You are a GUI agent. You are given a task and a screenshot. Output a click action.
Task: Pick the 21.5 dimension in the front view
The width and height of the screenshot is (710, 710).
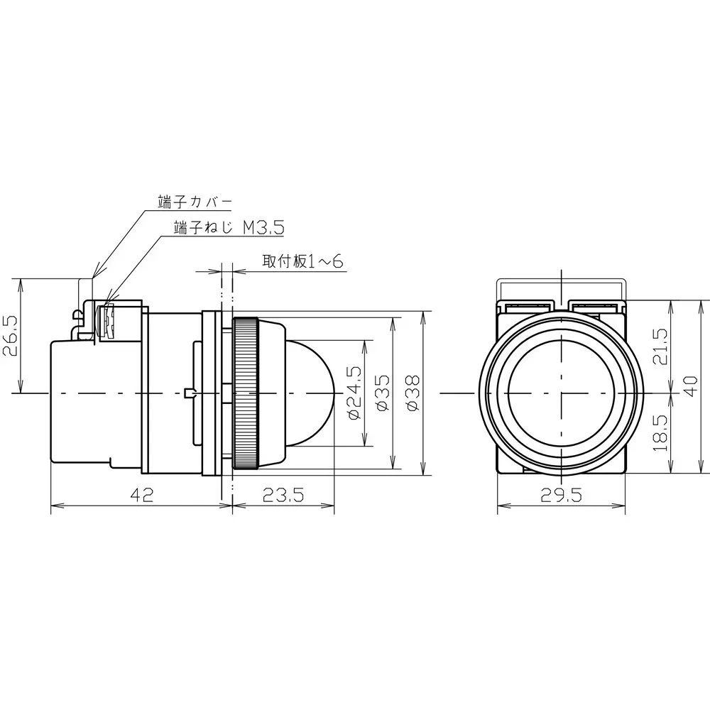pyautogui.click(x=661, y=346)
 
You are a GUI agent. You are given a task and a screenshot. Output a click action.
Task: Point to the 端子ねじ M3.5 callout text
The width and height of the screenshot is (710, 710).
pyautogui.click(x=228, y=227)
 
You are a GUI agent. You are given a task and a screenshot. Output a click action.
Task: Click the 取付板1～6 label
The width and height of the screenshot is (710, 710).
pyautogui.click(x=302, y=261)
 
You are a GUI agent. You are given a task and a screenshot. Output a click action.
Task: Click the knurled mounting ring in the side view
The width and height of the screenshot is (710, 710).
pyautogui.click(x=247, y=393)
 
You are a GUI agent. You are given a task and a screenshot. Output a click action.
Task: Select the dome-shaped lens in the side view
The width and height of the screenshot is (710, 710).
pyautogui.click(x=312, y=392)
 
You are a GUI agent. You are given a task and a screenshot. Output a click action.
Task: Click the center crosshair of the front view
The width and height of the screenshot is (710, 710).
pyautogui.click(x=561, y=392)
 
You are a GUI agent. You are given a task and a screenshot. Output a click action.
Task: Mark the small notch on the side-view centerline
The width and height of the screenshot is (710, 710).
pyautogui.click(x=187, y=393)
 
